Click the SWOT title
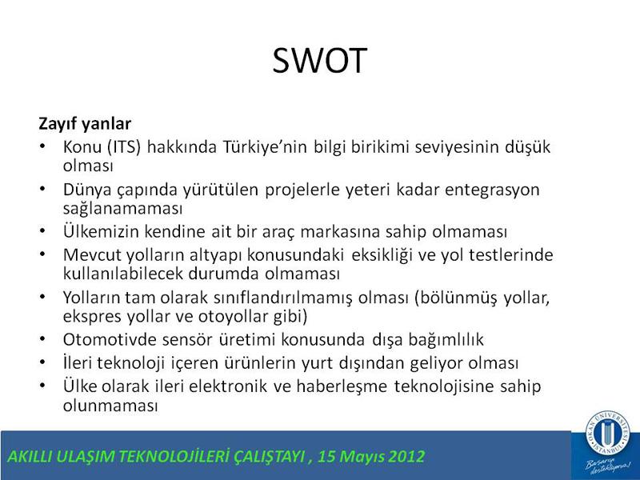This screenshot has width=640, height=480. pyautogui.click(x=319, y=61)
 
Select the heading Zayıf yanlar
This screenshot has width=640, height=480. pyautogui.click(x=85, y=123)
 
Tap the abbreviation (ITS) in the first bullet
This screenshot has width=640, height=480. pyautogui.click(x=124, y=147)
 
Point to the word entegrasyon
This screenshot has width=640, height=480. pyautogui.click(x=492, y=190)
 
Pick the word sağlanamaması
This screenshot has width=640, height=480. pyautogui.click(x=123, y=209)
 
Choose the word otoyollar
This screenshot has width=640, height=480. pyautogui.click(x=233, y=317)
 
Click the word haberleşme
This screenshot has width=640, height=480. pyautogui.click(x=342, y=386)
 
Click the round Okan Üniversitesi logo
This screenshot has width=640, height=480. pyautogui.click(x=608, y=433)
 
